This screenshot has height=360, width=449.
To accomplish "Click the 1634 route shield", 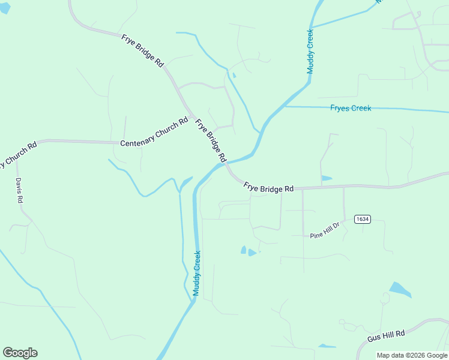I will (x=361, y=219).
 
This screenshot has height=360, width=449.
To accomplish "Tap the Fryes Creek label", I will (x=351, y=108).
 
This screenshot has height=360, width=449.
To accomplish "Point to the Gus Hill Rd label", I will (x=387, y=335).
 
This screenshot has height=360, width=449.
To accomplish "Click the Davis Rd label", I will (x=19, y=191).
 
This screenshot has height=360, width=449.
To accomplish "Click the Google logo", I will (x=20, y=353).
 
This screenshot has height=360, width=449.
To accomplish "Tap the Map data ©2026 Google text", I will (x=412, y=355).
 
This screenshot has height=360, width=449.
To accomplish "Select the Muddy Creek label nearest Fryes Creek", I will (x=310, y=52).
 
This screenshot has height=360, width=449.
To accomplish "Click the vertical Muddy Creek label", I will (x=196, y=273).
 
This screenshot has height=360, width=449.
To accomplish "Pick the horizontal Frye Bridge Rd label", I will (x=268, y=188).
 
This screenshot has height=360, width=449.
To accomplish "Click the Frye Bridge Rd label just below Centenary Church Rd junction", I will (x=210, y=140).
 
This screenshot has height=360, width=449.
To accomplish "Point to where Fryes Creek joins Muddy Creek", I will (x=283, y=106).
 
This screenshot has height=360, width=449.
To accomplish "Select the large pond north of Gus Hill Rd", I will (x=400, y=290).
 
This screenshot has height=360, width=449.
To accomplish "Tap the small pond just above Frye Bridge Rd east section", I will (x=326, y=178).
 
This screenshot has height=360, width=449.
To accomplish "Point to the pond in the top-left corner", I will (x=4, y=8).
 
